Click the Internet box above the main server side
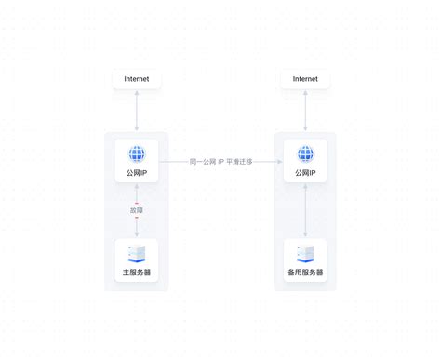click(137, 79)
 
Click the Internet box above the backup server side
click(305, 79)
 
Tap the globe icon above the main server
click(137, 153)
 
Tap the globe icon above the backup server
click(305, 153)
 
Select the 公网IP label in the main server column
click(137, 173)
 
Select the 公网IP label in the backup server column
click(305, 173)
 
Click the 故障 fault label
click(137, 210)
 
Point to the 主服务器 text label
click(137, 273)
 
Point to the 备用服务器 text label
click(305, 273)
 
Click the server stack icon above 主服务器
click(137, 254)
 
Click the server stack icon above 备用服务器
click(305, 254)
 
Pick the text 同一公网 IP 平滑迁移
click(220, 162)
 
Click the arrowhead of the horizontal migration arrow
click(280, 162)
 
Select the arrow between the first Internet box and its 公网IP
click(137, 111)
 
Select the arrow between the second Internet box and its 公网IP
click(305, 111)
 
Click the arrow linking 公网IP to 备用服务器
click(305, 210)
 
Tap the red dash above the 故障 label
click(137, 204)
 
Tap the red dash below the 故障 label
click(137, 218)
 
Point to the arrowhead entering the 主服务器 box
click(137, 234)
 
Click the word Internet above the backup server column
click(305, 79)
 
